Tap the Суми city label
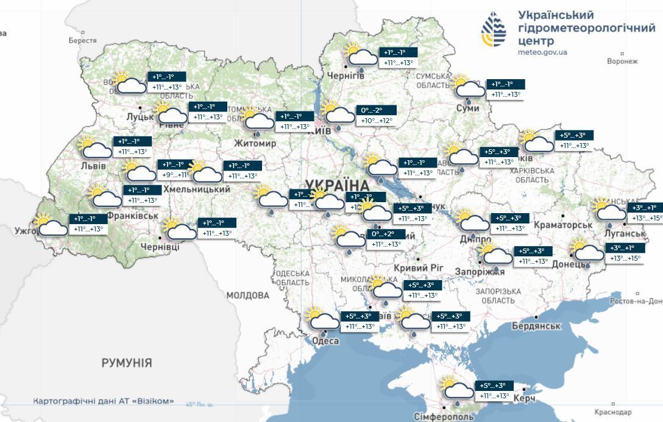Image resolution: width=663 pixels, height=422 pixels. click(467, 108)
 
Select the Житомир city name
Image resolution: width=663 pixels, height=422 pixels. click(255, 143)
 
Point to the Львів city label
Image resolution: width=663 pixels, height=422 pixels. click(93, 166)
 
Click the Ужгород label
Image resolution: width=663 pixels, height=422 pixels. click(26, 231)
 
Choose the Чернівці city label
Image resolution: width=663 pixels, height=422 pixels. click(160, 247)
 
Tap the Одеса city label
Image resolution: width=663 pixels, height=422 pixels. click(325, 340)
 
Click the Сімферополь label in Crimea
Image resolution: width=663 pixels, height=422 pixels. click(444, 417)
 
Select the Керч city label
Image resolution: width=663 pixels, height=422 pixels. click(524, 398)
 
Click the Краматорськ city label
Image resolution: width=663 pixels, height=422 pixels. click(562, 225)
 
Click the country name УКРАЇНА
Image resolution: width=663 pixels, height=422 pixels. click(337, 185)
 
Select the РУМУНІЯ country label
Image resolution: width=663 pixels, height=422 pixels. click(127, 363)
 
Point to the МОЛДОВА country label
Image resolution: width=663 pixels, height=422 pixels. click(247, 295)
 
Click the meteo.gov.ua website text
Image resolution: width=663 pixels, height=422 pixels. click(542, 52)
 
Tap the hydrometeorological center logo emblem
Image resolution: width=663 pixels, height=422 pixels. click(494, 30)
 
